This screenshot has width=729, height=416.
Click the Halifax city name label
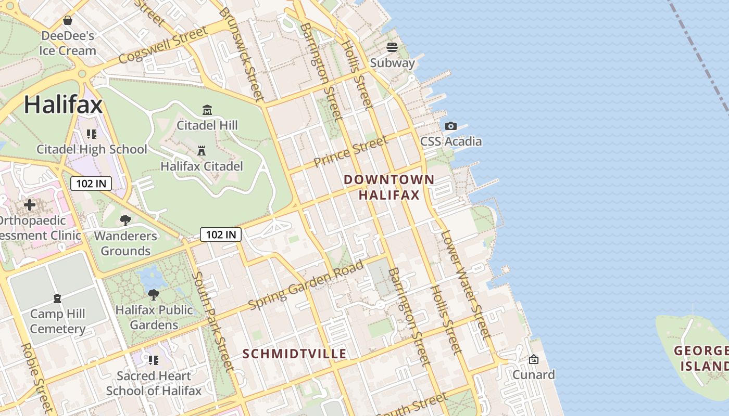pyautogui.click(x=63, y=105)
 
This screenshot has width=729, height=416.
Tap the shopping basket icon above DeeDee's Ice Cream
pyautogui.click(x=68, y=21)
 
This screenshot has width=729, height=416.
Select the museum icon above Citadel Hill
pyautogui.click(x=207, y=110)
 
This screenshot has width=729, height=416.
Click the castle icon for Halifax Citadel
pyautogui.click(x=202, y=151)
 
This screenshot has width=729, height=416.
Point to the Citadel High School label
pyautogui.click(x=92, y=149)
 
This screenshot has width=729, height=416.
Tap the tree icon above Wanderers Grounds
pyautogui.click(x=125, y=220)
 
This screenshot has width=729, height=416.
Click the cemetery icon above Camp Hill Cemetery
pyautogui.click(x=57, y=298)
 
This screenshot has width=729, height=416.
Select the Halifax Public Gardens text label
pyautogui.click(x=154, y=317)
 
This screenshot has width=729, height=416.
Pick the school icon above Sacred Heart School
pyautogui.click(x=153, y=360)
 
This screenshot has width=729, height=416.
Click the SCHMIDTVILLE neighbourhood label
pyautogui.click(x=295, y=354)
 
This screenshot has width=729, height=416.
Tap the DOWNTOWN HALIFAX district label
pyautogui.click(x=389, y=187)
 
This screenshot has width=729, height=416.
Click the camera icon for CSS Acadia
pyautogui.click(x=451, y=126)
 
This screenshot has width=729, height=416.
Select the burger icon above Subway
pyautogui.click(x=392, y=47)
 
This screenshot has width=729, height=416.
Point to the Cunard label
pyautogui.click(x=534, y=374)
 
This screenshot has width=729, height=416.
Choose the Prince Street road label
pyautogui.click(x=351, y=151)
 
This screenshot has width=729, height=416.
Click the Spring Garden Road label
pyautogui.click(x=306, y=284)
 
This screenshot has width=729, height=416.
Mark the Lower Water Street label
pyautogui.click(x=465, y=283)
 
